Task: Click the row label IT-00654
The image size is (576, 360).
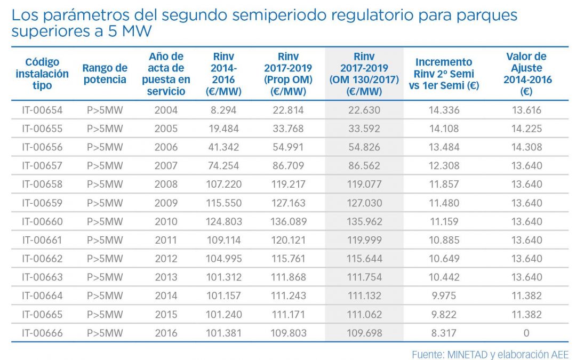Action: point(42,110)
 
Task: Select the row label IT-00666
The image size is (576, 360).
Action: point(42,333)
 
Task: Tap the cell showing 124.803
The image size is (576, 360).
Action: point(225,221)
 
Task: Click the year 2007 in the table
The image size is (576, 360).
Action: point(166,166)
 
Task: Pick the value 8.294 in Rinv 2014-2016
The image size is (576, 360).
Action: point(225,110)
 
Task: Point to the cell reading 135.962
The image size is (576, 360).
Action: point(364,221)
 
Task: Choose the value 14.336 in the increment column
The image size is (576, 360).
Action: point(444,110)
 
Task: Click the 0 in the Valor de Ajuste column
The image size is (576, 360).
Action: point(526,333)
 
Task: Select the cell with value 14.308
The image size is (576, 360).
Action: point(526,147)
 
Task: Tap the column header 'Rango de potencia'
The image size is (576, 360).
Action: point(105,74)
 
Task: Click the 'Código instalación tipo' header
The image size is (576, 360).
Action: point(42,74)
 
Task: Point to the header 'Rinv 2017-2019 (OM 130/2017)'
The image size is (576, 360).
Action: point(364,74)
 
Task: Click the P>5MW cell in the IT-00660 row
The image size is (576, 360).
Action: point(105,221)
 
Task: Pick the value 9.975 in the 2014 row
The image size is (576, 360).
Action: point(444,295)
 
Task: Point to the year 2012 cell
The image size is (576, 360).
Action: point(166,259)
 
